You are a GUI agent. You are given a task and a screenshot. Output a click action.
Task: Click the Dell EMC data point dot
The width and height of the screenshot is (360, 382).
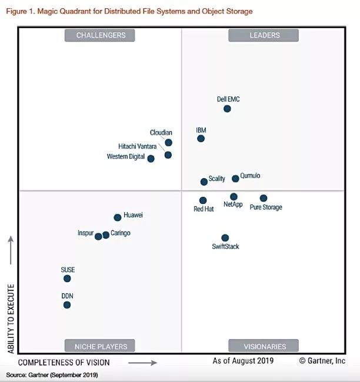tap(227, 109)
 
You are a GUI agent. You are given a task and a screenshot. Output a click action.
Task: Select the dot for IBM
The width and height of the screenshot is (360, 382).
tap(201, 139)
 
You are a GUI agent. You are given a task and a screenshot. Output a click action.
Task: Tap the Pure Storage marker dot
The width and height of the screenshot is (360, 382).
tap(264, 198)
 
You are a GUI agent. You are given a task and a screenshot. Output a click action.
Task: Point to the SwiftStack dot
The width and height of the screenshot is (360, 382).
tap(225, 238)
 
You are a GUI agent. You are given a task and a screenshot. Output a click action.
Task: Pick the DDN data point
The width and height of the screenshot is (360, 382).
tap(67, 305)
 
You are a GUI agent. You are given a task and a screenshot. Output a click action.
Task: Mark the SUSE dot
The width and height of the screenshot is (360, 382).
tap(67, 279)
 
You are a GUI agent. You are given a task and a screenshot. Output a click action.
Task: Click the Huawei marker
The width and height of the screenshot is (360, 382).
tap(118, 217)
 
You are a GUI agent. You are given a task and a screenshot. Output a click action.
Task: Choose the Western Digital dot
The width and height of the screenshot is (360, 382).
tap(151, 159)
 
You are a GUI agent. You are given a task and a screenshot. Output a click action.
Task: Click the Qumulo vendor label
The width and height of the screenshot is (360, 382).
tap(250, 176)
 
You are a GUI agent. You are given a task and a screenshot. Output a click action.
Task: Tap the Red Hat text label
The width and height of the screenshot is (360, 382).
tap(204, 209)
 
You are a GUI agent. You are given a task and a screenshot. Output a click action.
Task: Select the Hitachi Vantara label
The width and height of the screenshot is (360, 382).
tap(137, 146)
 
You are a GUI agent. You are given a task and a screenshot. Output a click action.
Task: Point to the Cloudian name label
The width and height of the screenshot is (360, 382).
tap(161, 133)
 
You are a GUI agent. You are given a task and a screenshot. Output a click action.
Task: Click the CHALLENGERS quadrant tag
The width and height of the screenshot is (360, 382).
tap(101, 35)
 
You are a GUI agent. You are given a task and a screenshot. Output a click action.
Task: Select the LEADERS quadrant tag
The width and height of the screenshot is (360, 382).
tap(264, 35)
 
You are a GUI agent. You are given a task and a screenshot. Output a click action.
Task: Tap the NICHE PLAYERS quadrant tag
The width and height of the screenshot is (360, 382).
tap(101, 346)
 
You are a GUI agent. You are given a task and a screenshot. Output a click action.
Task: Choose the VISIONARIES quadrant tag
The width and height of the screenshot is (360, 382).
tap(264, 346)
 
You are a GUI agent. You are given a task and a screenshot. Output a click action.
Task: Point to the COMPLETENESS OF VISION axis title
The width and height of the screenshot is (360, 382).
tap(64, 363)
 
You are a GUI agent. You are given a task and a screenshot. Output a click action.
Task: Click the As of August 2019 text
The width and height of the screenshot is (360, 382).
tap(243, 361)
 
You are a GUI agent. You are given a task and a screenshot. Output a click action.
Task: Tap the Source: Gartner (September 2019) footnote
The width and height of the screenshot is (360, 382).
tap(52, 374)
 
